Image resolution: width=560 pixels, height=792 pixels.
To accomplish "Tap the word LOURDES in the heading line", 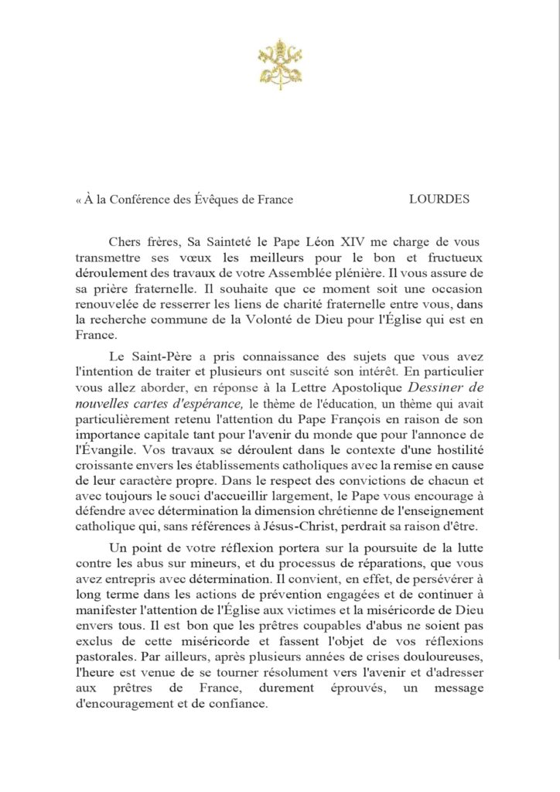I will point(439,199).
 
